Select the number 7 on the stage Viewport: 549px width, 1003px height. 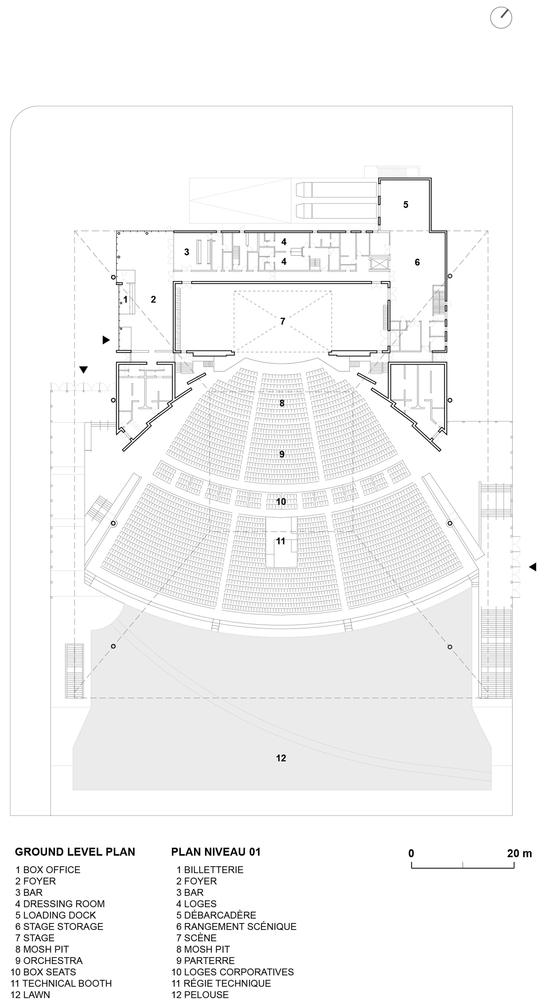tap(283, 321)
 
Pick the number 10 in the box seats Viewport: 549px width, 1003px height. tap(281, 501)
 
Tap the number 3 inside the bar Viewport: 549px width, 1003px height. tap(187, 252)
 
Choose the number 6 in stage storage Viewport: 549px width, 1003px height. tap(417, 262)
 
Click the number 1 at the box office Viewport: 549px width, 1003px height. tap(125, 300)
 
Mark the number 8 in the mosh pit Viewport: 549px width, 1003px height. tap(282, 403)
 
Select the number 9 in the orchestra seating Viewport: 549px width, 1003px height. tap(282, 454)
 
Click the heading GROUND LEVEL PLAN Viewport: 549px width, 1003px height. tap(75, 852)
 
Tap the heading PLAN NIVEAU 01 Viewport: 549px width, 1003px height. tap(216, 852)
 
